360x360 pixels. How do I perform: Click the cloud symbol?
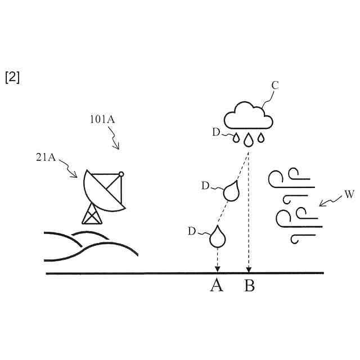(x=249, y=116)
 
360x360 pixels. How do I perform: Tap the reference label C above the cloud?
(x=276, y=85)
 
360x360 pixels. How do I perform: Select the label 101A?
(x=103, y=120)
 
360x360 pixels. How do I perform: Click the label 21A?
(x=47, y=157)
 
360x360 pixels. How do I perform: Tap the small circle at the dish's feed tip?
(x=121, y=174)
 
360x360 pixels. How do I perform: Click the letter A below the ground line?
(x=217, y=286)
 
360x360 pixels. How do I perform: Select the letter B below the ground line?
(x=249, y=286)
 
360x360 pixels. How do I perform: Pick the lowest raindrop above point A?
(x=217, y=237)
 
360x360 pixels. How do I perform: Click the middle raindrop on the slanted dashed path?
(x=231, y=191)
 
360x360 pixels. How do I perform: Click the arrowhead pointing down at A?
(x=217, y=269)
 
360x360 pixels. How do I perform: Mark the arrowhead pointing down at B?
(x=249, y=269)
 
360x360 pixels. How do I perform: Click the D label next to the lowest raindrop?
(x=192, y=231)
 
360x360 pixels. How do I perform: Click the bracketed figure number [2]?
(x=12, y=78)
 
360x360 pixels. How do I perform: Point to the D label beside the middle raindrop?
(x=205, y=184)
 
